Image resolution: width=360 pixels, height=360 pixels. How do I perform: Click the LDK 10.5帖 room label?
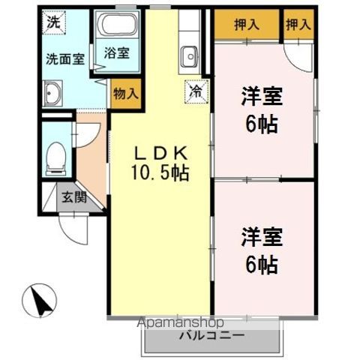pyautogui.click(x=160, y=163)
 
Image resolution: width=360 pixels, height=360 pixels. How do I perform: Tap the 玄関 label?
pyautogui.click(x=74, y=198)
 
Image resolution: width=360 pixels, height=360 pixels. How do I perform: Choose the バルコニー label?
pyautogui.click(x=211, y=336)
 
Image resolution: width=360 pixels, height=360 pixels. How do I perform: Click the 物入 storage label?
pyautogui.click(x=124, y=94)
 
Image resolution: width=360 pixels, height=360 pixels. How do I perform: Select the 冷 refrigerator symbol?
pyautogui.click(x=194, y=91)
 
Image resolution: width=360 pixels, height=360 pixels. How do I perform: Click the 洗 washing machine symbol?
pyautogui.click(x=52, y=22)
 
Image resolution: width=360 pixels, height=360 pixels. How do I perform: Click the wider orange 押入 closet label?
pyautogui.click(x=247, y=25)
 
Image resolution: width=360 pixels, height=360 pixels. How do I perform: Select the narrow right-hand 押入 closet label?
pyautogui.click(x=298, y=25)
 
